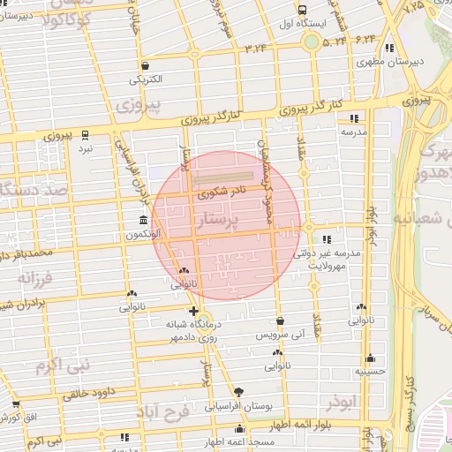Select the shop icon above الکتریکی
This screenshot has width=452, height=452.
(144, 66)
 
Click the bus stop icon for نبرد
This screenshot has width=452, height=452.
(85, 134)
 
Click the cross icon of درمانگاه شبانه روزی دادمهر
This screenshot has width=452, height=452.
(193, 312)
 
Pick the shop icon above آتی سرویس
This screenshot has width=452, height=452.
(280, 321)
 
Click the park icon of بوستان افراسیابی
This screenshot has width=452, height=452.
(237, 392)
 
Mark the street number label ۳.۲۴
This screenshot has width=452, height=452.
(255, 47)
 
